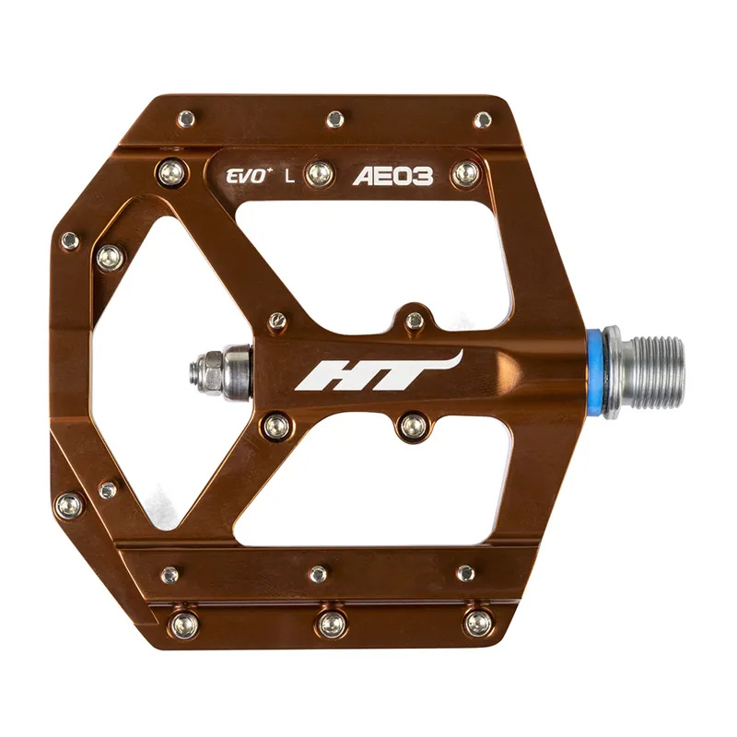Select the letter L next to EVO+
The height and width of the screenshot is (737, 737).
coord(289,176)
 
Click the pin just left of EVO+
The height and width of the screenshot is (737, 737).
coord(171,172)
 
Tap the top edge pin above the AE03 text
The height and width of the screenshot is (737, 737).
coord(483,120)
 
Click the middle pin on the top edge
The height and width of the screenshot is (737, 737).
coord(335,119)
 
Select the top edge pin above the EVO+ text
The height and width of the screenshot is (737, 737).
coord(187,119)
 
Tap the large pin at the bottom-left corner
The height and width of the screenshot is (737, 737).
coord(183,624)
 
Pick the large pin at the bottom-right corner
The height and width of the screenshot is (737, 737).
coord(477,624)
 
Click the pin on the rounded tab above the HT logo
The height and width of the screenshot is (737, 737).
coord(415,320)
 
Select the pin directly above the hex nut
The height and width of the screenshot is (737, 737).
coord(275,322)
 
